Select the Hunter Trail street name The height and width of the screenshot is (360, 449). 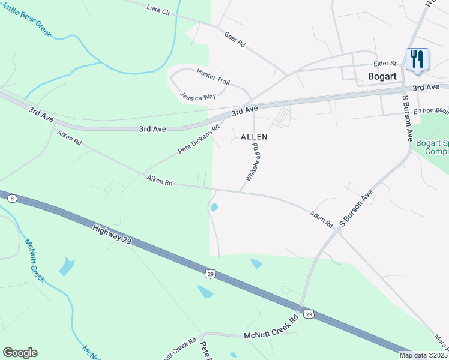coord(213,76)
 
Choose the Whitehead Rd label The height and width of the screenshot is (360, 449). coord(252,162)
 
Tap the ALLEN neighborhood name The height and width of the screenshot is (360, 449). coord(254,137)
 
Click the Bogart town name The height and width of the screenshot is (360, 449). coord(382,76)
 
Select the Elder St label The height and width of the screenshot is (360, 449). coord(385,63)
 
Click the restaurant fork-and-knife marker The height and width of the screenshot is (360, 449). coord(417,59)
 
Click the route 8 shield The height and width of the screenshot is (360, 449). coord(13,197)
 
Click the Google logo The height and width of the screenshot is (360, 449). coord(20,353)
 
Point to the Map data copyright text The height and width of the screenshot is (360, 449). coord(424,355)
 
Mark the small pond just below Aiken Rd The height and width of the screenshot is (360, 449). coord(214,208)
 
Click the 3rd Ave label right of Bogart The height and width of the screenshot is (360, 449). coord(426,88)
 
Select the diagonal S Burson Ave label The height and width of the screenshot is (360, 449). coord(356,208)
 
